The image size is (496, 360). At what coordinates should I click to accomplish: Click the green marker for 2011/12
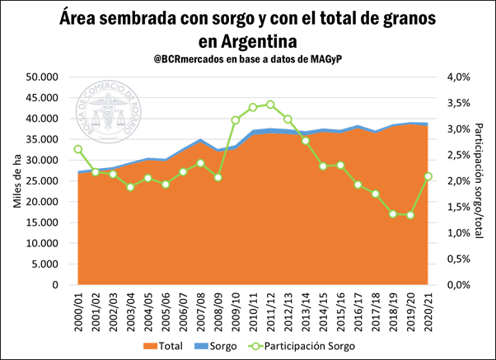pos(270,105)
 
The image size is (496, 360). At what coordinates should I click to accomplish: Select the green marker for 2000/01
pos(77,149)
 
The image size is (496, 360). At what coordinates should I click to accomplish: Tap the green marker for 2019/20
pos(409,215)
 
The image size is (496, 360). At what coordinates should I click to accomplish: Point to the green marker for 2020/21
pos(428,176)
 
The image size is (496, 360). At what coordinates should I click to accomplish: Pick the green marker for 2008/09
pos(218,177)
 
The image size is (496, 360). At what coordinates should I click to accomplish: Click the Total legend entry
pos(164,346)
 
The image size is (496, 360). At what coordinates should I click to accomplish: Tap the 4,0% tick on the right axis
pos(458,77)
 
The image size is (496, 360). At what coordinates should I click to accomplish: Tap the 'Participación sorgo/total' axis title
pos(479,180)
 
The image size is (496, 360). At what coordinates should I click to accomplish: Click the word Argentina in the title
pos(248,40)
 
